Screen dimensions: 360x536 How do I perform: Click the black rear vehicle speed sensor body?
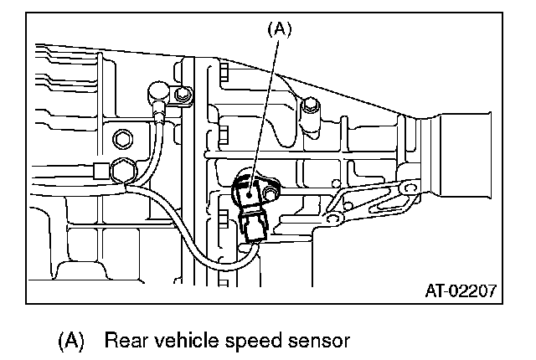pyautogui.click(x=251, y=192)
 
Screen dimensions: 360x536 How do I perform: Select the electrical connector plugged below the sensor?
pyautogui.click(x=252, y=225)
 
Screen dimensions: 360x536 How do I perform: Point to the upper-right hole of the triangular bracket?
pyautogui.click(x=407, y=188)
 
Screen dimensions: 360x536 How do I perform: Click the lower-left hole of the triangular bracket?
pyautogui.click(x=332, y=219)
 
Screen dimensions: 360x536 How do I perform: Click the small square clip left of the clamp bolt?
pyautogui.click(x=100, y=172)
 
